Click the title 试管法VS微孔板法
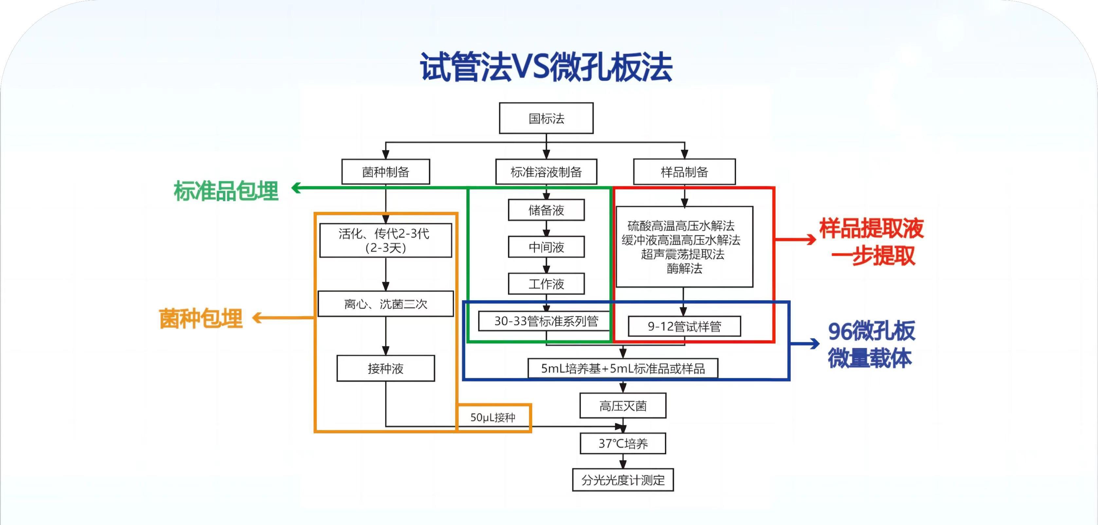[x=546, y=67]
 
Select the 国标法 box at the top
[x=546, y=118]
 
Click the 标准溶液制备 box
[x=546, y=172]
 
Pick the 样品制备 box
[x=684, y=172]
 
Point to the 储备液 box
[x=546, y=210]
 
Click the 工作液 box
[x=546, y=284]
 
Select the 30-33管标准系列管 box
[x=546, y=321]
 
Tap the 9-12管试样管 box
[x=684, y=326]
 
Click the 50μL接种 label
[x=493, y=417]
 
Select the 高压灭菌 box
[x=623, y=406]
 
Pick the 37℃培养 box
[x=623, y=443]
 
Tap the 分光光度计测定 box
[x=623, y=480]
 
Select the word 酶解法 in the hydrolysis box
[x=684, y=269]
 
